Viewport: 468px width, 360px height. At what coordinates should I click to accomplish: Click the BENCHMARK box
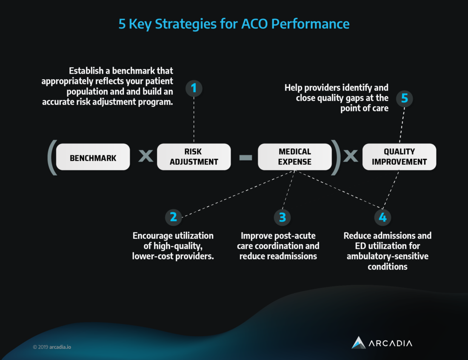(93, 157)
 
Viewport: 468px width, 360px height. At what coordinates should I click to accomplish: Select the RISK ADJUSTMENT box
(194, 157)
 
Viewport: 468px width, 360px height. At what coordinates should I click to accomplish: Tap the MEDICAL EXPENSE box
(294, 157)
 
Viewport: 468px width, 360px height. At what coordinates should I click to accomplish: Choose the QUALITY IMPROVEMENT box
(399, 157)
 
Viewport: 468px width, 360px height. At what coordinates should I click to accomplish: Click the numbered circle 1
(194, 89)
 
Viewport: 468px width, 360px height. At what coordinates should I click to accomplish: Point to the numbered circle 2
(174, 217)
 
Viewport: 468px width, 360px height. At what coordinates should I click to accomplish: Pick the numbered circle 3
(282, 217)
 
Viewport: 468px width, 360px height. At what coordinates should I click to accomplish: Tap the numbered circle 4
(382, 217)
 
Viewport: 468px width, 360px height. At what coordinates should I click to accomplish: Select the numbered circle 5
(405, 98)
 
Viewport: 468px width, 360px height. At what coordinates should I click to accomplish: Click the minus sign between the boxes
(245, 157)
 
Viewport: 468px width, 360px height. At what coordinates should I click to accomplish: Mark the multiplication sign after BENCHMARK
(146, 156)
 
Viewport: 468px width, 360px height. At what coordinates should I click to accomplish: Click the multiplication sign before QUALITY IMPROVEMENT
(351, 156)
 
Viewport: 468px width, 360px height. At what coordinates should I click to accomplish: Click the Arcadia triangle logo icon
(359, 343)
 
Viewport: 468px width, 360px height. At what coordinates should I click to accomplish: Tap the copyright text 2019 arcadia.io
(52, 347)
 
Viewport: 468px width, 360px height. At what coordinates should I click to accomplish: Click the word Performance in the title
(310, 24)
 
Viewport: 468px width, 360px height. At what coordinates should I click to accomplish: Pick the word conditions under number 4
(388, 266)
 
